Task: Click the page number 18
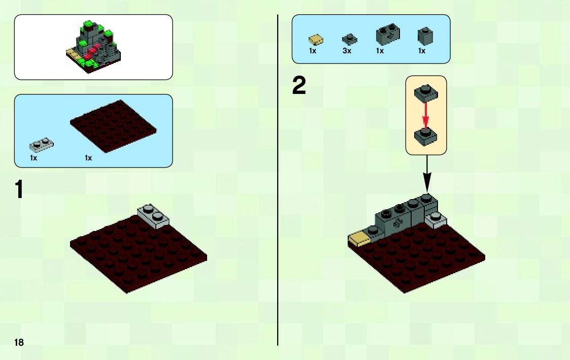tap(19, 342)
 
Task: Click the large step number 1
tap(19, 190)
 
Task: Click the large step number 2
tap(299, 86)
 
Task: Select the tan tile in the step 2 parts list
tap(316, 39)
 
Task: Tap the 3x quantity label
tap(347, 51)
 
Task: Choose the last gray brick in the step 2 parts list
tap(425, 36)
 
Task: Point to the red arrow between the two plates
tap(426, 115)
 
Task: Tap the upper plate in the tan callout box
tap(426, 92)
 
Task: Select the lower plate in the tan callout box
tap(426, 136)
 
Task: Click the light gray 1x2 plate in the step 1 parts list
tap(42, 145)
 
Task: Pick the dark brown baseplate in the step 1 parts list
tap(112, 126)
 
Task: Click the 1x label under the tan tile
tap(313, 51)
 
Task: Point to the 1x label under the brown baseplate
tap(88, 158)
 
